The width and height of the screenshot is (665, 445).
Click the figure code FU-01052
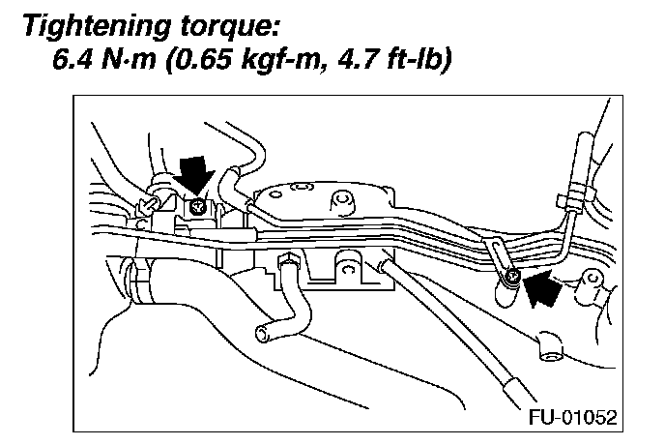coord(569,418)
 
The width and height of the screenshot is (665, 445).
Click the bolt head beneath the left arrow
coord(197,204)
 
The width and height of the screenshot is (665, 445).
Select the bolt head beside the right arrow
coord(510,281)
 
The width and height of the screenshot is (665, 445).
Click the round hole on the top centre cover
coord(339,202)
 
